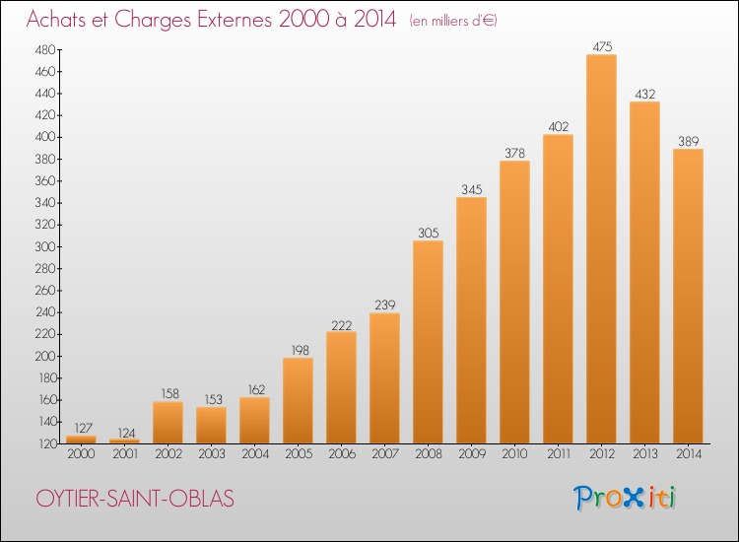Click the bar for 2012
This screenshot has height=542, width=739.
601,249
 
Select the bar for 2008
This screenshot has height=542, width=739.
428,342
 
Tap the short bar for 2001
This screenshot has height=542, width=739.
124,441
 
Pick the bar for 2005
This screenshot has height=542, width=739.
298,401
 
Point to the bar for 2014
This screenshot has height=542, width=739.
688,296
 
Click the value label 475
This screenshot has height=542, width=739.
602,46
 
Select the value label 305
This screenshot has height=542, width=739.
429,233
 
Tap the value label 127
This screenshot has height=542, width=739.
83,428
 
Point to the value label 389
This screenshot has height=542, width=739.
689,141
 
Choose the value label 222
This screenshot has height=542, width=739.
342,325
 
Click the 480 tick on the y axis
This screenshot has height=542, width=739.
45,50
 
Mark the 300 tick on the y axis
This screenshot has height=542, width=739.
45,247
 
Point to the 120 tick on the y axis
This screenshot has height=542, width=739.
45,444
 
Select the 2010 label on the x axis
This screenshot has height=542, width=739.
514,454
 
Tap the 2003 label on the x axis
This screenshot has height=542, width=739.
212,454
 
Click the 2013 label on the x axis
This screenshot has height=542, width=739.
644,454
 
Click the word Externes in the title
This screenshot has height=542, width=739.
235,20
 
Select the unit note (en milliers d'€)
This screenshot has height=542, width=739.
453,21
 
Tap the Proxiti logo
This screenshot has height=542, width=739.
625,498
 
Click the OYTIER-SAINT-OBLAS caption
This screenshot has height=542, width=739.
135,499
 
